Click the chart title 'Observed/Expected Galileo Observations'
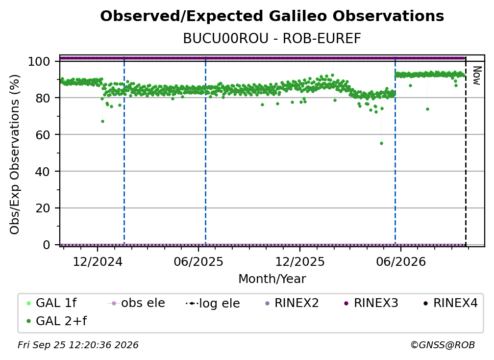[x=272, y=16]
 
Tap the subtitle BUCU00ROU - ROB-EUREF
[x=272, y=39]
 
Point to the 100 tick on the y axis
[x=39, y=61]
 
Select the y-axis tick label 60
[x=43, y=135]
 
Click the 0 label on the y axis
[x=46, y=245]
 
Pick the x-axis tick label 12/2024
[x=98, y=261]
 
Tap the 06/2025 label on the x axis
[x=198, y=261]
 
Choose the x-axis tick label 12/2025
[x=300, y=261]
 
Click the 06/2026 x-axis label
[x=401, y=261]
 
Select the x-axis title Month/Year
[x=272, y=279]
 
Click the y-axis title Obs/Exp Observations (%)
[x=15, y=154]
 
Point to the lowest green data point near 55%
[x=381, y=143]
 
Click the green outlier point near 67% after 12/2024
[x=102, y=121]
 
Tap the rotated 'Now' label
[x=477, y=76]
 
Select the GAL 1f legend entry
[x=51, y=303]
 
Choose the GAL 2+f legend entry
[x=57, y=321]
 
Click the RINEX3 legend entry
[x=371, y=303]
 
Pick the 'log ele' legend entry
[x=213, y=303]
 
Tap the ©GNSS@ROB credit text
[x=443, y=345]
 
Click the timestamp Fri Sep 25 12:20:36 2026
[x=78, y=345]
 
